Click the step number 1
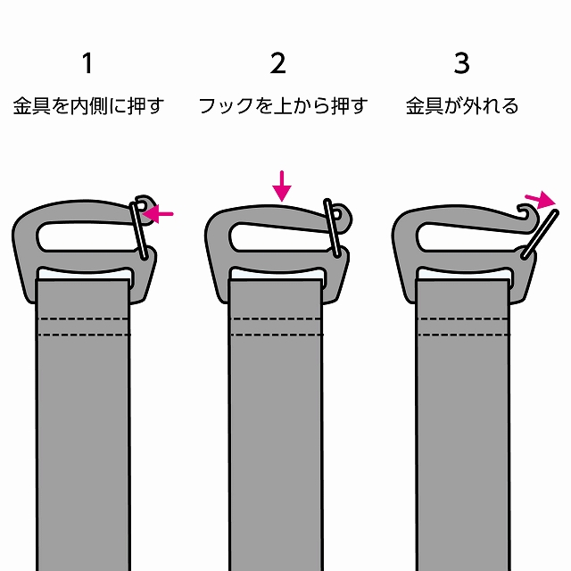pyautogui.click(x=87, y=63)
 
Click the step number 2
pyautogui.click(x=277, y=63)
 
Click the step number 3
pyautogui.click(x=462, y=63)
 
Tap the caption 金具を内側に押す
pyautogui.click(x=88, y=106)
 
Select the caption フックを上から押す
pyautogui.click(x=283, y=106)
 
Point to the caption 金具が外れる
pyautogui.click(x=462, y=106)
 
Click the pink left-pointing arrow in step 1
pyautogui.click(x=158, y=214)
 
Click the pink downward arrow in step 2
pyautogui.click(x=282, y=186)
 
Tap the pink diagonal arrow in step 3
pyautogui.click(x=541, y=200)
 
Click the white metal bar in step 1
pyautogui.click(x=139, y=231)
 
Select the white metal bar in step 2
pyautogui.click(x=333, y=228)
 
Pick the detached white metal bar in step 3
pyautogui.click(x=540, y=234)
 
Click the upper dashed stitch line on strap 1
pyautogui.click(x=83, y=319)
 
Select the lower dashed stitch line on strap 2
pyautogui.click(x=276, y=335)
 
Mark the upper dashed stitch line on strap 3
pyautogui.click(x=463, y=319)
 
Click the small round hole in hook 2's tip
pyautogui.click(x=337, y=214)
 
